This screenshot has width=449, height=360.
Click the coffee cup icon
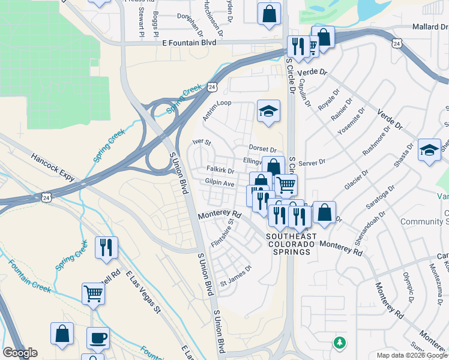tap(98, 338)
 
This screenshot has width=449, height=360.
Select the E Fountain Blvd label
tap(189, 43)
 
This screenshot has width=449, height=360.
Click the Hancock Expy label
tap(52, 168)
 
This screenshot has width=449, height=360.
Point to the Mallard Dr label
tap(430, 27)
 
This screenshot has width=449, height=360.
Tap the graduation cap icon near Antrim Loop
tap(268, 111)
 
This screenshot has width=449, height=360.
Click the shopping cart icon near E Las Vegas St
tap(94, 294)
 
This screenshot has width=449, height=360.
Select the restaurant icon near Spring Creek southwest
tap(106, 247)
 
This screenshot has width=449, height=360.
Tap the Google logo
tap(20, 353)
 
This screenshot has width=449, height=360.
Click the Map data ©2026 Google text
tap(411, 355)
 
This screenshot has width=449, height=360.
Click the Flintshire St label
tap(222, 235)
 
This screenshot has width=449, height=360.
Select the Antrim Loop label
tap(217, 111)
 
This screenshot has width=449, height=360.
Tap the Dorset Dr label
tap(262, 149)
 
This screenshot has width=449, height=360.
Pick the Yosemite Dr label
tap(351, 127)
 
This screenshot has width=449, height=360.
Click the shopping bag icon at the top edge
tap(269, 13)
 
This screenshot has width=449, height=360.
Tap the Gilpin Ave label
tap(219, 182)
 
